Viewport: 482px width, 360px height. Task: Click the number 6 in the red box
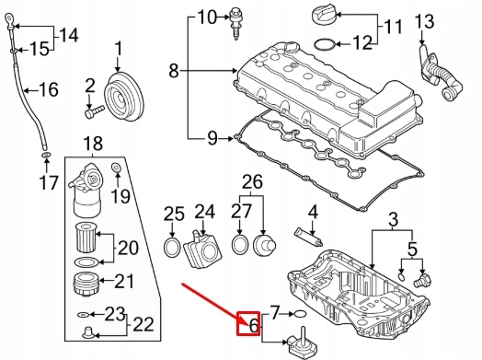click(253, 325)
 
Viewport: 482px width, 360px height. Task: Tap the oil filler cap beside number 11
click(324, 16)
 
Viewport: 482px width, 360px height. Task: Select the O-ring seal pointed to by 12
click(325, 44)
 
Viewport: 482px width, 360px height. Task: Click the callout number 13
click(424, 21)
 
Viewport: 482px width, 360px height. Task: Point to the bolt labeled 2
click(95, 111)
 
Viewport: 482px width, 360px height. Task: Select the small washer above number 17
click(46, 154)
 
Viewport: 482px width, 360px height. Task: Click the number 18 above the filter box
click(93, 143)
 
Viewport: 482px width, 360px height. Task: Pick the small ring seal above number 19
click(117, 168)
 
